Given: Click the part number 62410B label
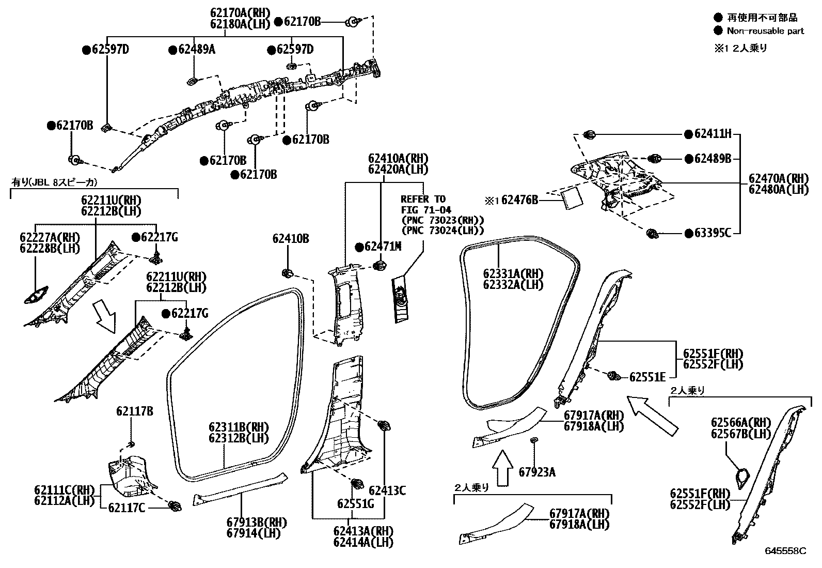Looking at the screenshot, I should [x=291, y=239].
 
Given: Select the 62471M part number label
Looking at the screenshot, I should [x=382, y=247].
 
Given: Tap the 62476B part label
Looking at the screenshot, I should [x=519, y=199].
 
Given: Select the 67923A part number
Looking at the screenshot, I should [x=538, y=472].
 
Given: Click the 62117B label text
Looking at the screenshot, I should [x=134, y=411].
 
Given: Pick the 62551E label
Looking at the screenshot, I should [x=647, y=377].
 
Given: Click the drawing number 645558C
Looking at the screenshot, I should [x=785, y=551].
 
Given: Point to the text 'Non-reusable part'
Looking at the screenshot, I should [x=765, y=31].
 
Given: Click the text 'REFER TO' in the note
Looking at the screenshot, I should [x=423, y=199].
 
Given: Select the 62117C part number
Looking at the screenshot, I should [x=127, y=508].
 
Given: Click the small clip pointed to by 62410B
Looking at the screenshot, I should [x=288, y=273].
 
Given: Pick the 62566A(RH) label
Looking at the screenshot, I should [x=740, y=422].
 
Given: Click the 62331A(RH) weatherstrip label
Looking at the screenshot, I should [x=513, y=274].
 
